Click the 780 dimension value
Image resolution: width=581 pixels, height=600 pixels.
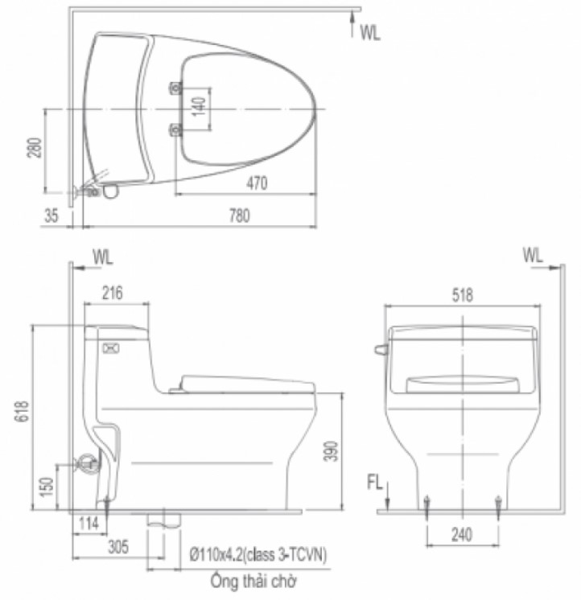pyautogui.click(x=240, y=216)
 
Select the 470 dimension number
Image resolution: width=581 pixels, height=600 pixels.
pyautogui.click(x=257, y=183)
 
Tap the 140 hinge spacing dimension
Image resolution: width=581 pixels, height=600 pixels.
pyautogui.click(x=199, y=107)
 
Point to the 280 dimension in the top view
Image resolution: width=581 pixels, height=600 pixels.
pyautogui.click(x=34, y=147)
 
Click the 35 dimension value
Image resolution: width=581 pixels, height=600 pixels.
pyautogui.click(x=52, y=216)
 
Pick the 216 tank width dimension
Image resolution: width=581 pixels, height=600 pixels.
pyautogui.click(x=113, y=293)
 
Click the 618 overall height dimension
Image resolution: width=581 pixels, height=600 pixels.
pyautogui.click(x=22, y=411)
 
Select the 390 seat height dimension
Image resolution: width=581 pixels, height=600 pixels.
pyautogui.click(x=332, y=450)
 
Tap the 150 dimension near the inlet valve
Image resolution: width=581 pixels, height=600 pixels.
pyautogui.click(x=47, y=487)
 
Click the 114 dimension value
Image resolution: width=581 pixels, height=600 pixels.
pyautogui.click(x=89, y=524)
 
